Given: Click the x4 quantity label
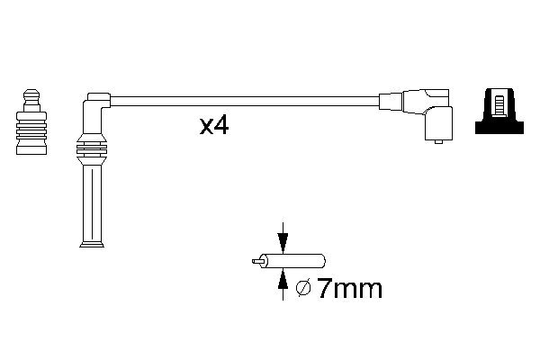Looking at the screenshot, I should point(214,125).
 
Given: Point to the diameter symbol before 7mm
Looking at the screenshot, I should point(303,289).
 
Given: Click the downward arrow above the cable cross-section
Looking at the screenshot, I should point(283,241).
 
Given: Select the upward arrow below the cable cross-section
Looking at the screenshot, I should point(283,283).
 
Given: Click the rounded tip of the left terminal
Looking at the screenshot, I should point(31,93).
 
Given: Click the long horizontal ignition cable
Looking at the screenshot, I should point(243,101).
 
